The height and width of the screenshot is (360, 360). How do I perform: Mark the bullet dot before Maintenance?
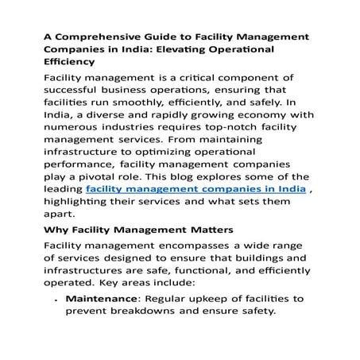click(x=55, y=300)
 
